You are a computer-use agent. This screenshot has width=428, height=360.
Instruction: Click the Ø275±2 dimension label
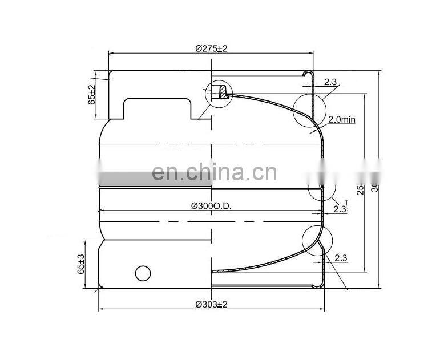point(211,49)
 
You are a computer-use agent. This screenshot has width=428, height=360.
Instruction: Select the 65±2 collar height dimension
point(91,94)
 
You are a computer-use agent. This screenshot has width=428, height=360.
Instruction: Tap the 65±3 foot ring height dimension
point(81,265)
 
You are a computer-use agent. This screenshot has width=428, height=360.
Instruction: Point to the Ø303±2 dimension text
point(211,304)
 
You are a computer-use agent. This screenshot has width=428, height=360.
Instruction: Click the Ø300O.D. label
point(211,206)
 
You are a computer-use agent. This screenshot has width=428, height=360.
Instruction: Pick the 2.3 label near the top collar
point(330,82)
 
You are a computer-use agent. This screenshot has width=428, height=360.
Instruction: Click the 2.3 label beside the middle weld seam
point(340,209)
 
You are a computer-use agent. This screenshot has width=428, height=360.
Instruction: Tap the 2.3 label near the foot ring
point(341,258)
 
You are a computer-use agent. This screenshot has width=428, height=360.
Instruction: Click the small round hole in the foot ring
point(143,273)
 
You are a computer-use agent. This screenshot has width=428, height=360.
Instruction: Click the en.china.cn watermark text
point(214,172)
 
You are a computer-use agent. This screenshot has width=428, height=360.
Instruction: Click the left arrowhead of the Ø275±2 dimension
point(111,54)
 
